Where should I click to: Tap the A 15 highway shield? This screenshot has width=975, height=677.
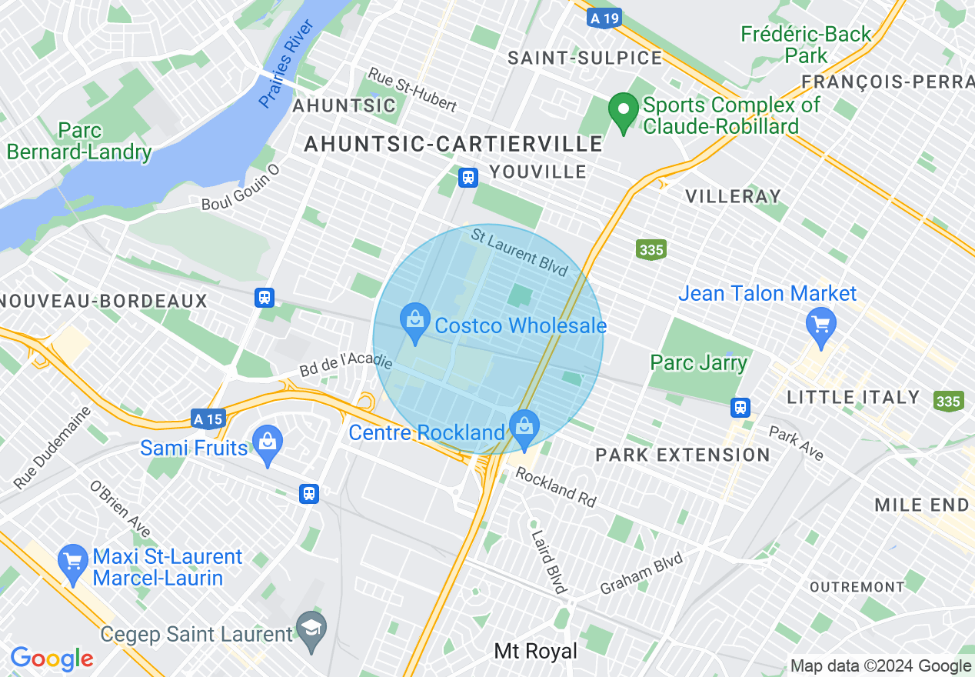click(x=208, y=419)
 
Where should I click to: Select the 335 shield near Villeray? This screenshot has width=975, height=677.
click(x=651, y=249)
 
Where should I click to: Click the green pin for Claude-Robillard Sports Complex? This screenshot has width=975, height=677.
click(x=624, y=112)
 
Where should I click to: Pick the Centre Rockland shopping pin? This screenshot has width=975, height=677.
click(x=524, y=429)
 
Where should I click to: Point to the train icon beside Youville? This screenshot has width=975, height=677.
click(x=468, y=178)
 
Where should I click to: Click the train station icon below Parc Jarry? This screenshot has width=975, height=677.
click(x=740, y=407)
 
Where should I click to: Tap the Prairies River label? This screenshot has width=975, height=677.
click(x=287, y=65)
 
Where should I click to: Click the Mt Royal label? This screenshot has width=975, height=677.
click(x=535, y=652)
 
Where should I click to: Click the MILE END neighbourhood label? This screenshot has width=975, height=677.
click(x=921, y=505)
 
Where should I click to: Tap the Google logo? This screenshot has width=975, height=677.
click(x=52, y=659)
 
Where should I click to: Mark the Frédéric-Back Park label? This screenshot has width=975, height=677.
click(x=806, y=45)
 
